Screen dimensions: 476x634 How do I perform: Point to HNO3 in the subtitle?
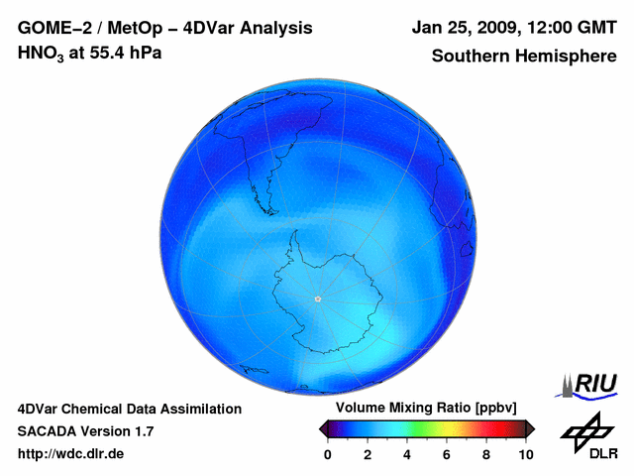40,54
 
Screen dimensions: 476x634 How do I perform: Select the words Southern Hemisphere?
524,56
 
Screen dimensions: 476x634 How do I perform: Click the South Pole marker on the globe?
318,298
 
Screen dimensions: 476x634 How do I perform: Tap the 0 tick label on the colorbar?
328,454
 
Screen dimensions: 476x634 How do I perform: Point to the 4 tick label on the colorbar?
407,454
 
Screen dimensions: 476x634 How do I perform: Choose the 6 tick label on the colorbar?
447,454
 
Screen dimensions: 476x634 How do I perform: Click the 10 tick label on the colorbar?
525,454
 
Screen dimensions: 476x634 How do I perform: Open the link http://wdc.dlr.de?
70,454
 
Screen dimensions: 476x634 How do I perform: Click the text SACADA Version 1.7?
85,431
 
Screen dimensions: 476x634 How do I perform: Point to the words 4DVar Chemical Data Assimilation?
129,409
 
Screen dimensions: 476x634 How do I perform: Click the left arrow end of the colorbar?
324,428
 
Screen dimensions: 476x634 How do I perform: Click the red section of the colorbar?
485,428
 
